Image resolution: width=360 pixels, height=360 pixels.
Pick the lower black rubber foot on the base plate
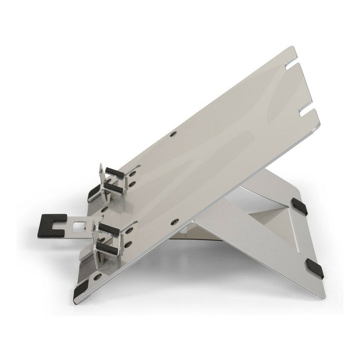coord(314,269)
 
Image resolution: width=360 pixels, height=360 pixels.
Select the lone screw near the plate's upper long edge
coord(173,134)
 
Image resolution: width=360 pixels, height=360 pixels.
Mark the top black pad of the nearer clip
coord(109,229)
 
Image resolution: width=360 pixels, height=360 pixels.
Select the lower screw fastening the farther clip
coord(133,184)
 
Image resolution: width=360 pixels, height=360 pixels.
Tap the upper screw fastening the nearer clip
coord(129,230)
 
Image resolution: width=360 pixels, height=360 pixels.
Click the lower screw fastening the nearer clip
coord(129,244)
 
